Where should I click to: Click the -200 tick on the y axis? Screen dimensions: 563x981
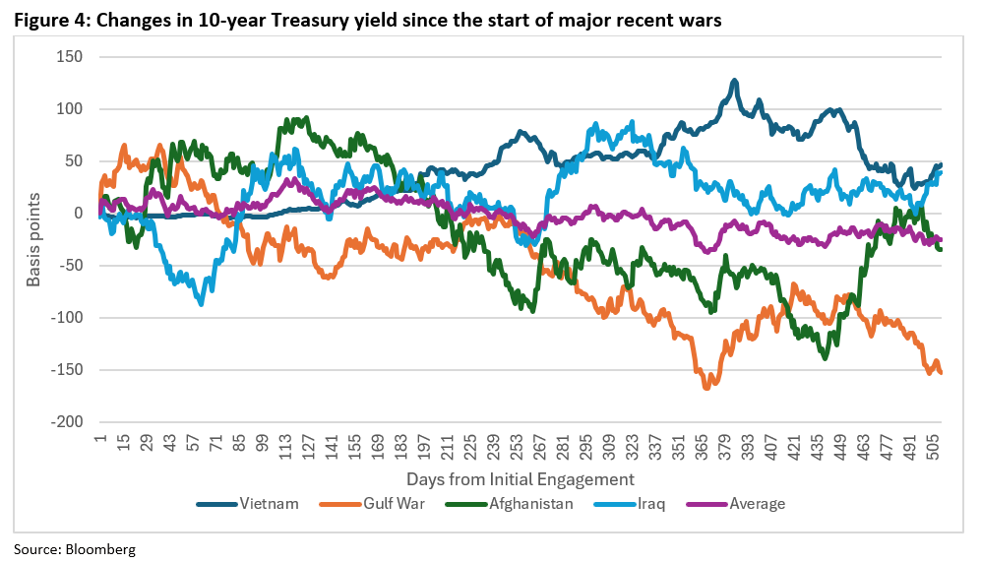(65, 422)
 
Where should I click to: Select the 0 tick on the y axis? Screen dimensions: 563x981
(78, 213)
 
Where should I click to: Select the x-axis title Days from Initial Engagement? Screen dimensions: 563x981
(520, 478)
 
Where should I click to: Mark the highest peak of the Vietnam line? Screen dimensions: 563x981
(734, 81)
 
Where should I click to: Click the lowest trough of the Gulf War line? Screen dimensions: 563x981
(705, 388)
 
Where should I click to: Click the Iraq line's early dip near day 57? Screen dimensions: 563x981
(202, 304)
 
